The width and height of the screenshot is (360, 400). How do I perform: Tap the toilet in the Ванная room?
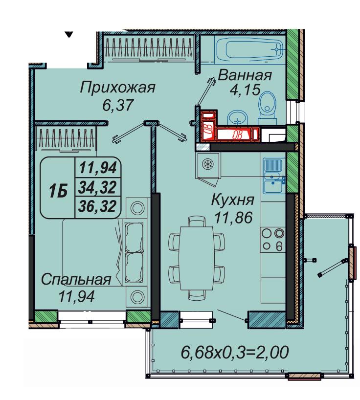267,108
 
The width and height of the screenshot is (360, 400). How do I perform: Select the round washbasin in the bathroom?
238,118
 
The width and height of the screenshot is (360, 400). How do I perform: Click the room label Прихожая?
117,88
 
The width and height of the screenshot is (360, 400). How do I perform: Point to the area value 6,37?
118,105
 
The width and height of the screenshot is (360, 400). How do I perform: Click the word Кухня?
233,200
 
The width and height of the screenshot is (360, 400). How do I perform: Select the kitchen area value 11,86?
233,217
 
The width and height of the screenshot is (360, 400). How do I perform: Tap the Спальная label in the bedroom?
76,280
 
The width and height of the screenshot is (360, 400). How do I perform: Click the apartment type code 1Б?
58,191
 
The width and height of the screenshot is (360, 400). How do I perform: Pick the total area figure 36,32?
97,206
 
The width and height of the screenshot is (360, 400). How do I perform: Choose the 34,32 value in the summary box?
97,187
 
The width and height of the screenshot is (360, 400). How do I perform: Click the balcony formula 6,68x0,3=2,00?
235,352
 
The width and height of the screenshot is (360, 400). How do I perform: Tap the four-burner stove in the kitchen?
273,240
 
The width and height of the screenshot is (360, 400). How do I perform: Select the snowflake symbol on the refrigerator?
207,163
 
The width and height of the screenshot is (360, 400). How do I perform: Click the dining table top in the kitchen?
196,258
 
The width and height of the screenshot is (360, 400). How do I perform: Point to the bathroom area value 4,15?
245,90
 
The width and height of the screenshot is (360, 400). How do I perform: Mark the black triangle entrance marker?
69,34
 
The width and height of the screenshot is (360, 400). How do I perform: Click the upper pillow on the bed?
134,237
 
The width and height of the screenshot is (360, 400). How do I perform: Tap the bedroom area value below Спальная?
77,296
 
